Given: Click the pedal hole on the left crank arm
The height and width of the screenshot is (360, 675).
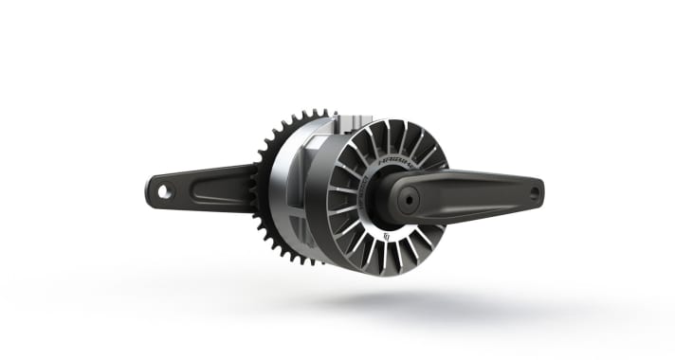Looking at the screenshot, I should [165, 191].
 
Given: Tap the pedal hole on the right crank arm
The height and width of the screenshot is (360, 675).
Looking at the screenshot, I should [534, 192].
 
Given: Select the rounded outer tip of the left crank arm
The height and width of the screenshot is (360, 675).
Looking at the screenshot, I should [153, 190].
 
